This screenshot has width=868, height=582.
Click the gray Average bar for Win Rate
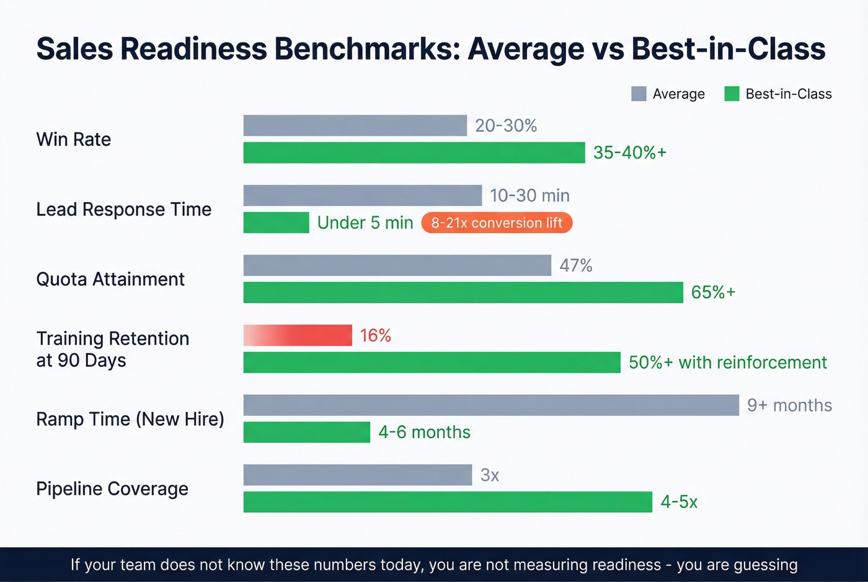click(x=355, y=125)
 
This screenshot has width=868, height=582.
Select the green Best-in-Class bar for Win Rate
click(x=414, y=152)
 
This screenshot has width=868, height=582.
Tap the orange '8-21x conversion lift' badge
click(x=497, y=223)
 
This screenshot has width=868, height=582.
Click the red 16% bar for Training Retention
click(x=298, y=335)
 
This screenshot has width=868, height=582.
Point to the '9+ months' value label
click(x=789, y=405)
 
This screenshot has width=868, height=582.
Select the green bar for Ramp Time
click(x=306, y=432)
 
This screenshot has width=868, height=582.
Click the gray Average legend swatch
click(x=639, y=94)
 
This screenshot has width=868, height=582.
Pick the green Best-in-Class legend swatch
click(x=732, y=94)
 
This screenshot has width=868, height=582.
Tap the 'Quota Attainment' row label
click(x=110, y=279)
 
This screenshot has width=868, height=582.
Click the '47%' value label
click(x=575, y=265)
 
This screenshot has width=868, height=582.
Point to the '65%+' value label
click(x=713, y=293)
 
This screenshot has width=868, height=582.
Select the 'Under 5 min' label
click(x=365, y=223)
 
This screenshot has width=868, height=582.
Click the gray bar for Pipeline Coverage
click(x=357, y=475)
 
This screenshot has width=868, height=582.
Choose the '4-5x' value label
click(x=679, y=502)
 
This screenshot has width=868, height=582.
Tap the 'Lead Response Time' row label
click(x=123, y=209)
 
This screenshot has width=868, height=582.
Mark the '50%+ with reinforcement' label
click(x=727, y=363)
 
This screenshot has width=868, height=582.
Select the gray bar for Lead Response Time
click(x=362, y=195)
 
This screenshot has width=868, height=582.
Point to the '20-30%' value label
click(x=505, y=126)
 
